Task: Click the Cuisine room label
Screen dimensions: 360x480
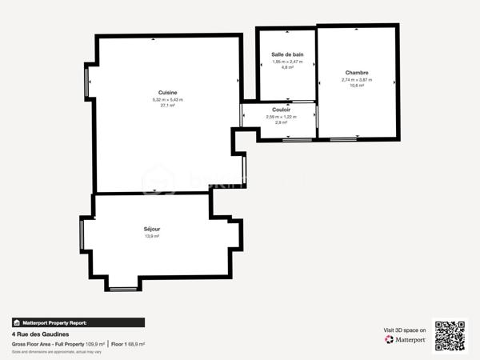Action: pyautogui.click(x=168, y=93)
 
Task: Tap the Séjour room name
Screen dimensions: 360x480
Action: pyautogui.click(x=152, y=229)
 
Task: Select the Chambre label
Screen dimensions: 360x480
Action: pyautogui.click(x=357, y=72)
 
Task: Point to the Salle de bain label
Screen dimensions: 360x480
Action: pyautogui.click(x=287, y=54)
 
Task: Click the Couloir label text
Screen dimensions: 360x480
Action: pyautogui.click(x=281, y=110)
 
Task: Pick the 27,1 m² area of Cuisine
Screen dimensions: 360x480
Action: pyautogui.click(x=168, y=106)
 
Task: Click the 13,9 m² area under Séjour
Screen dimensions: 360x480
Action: pyautogui.click(x=152, y=236)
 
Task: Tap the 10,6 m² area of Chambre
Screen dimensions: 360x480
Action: pyautogui.click(x=357, y=86)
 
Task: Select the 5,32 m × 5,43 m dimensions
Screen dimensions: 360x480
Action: pyautogui.click(x=168, y=99)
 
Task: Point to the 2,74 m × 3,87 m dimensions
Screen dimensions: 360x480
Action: pyautogui.click(x=357, y=79)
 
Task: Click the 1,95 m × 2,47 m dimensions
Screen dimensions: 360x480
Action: pyautogui.click(x=287, y=62)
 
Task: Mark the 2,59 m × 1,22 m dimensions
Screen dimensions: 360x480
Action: pyautogui.click(x=281, y=117)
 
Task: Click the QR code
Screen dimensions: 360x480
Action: pyautogui.click(x=450, y=336)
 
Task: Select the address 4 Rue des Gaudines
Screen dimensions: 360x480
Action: pyautogui.click(x=41, y=334)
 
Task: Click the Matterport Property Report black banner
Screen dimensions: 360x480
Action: pyautogui.click(x=78, y=322)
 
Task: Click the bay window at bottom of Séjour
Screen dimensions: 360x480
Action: pyautogui.click(x=123, y=286)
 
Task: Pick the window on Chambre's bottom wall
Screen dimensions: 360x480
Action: pyautogui.click(x=344, y=140)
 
